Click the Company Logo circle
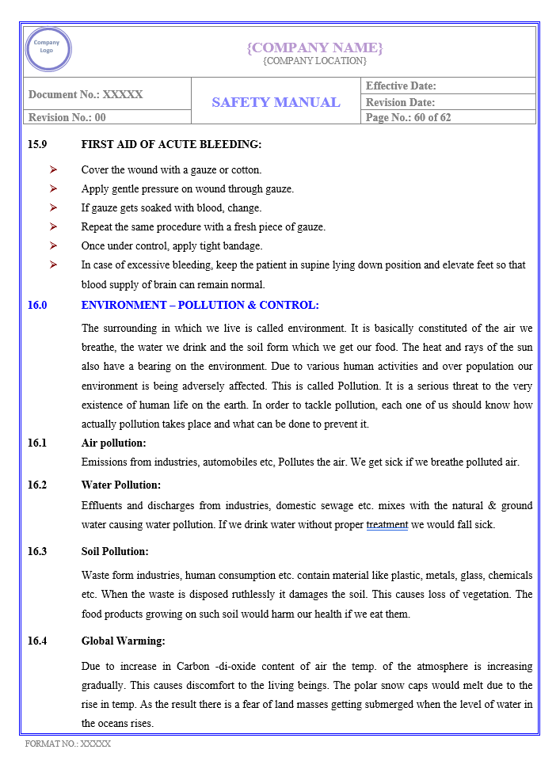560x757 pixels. pyautogui.click(x=48, y=49)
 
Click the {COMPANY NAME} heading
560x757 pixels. pyautogui.click(x=314, y=48)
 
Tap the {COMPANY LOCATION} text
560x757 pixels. pyautogui.click(x=314, y=61)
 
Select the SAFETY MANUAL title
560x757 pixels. pyautogui.click(x=276, y=102)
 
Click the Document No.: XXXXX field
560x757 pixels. pyautogui.click(x=86, y=94)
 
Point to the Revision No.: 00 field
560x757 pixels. pyautogui.click(x=67, y=117)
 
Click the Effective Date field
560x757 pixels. pyautogui.click(x=401, y=86)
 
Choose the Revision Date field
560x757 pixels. pyautogui.click(x=400, y=102)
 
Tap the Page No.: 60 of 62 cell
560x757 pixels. pyautogui.click(x=409, y=117)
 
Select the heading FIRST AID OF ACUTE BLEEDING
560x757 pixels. pyautogui.click(x=171, y=144)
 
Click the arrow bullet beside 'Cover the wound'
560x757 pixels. pyautogui.click(x=53, y=169)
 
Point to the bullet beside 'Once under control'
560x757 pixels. pyautogui.click(x=53, y=245)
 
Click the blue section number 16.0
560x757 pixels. pyautogui.click(x=37, y=305)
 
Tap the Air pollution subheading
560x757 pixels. pyautogui.click(x=113, y=443)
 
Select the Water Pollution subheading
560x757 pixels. pyautogui.click(x=120, y=485)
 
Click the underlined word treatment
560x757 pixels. pyautogui.click(x=387, y=524)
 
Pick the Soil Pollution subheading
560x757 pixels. pyautogui.click(x=114, y=551)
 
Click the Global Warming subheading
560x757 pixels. pyautogui.click(x=123, y=641)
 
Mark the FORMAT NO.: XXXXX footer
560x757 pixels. pyautogui.click(x=68, y=744)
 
